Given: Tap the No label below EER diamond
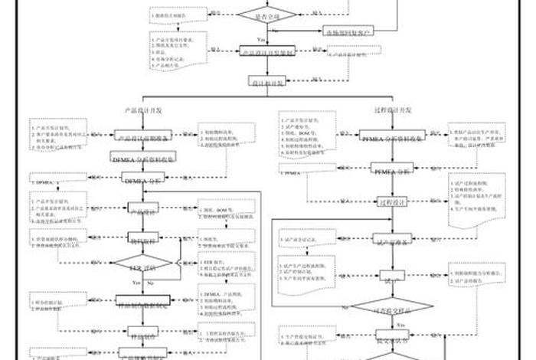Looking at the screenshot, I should [x=150, y=283].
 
